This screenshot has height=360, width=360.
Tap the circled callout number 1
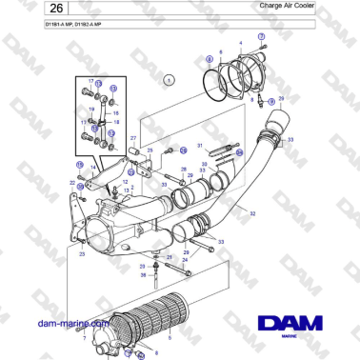tap(170, 81)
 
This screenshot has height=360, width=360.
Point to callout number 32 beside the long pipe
tap(251, 213)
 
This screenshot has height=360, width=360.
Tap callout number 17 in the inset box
tap(91, 82)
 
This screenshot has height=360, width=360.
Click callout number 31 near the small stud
tap(200, 145)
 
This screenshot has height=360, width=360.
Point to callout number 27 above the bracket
tap(132, 138)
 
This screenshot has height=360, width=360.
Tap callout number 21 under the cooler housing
tap(169, 257)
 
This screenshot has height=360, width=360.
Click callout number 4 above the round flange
tap(240, 44)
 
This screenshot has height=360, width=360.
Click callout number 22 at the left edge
tap(72, 180)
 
